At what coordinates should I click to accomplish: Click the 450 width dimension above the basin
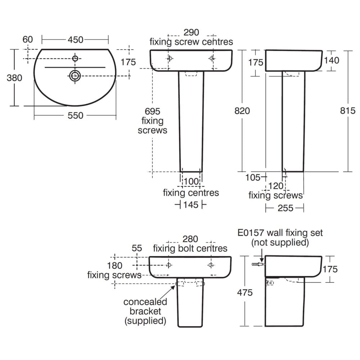(76, 40)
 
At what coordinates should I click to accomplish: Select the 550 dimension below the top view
(76, 116)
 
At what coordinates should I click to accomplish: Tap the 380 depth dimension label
(14, 77)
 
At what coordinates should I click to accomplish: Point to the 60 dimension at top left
(28, 40)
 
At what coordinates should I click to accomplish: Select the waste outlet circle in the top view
(75, 75)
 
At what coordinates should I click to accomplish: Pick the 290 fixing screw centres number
(191, 32)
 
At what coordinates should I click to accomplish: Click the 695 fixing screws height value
(152, 112)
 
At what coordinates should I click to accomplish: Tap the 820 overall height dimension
(242, 111)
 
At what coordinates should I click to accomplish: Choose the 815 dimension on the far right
(348, 111)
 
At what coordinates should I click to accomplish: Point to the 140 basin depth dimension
(331, 60)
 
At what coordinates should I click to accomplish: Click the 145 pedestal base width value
(190, 205)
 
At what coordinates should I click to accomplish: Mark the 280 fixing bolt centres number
(190, 239)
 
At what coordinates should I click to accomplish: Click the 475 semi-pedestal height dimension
(245, 292)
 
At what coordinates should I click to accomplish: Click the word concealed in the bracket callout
(145, 302)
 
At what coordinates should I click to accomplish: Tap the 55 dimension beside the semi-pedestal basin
(137, 248)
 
